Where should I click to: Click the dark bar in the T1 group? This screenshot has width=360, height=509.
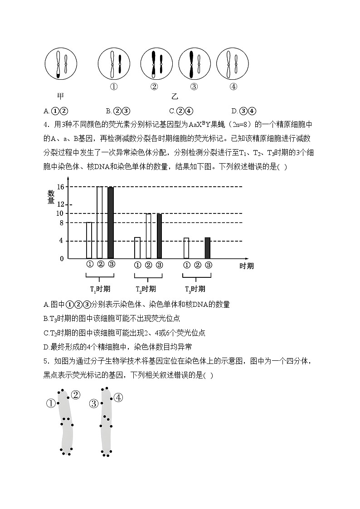[111, 223]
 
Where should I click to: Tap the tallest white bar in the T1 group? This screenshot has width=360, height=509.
[100, 223]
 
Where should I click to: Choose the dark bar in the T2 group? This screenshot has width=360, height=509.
[159, 236]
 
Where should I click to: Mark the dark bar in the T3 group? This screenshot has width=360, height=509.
[208, 248]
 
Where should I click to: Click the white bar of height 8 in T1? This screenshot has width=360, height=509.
[89, 240]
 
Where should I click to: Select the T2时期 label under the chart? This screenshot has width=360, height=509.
[146, 289]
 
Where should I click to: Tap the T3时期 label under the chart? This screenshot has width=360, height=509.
[195, 289]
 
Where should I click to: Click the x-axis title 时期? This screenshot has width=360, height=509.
[247, 266]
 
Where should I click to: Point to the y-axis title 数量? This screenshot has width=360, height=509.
[51, 197]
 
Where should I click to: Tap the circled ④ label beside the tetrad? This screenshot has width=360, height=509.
[118, 398]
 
